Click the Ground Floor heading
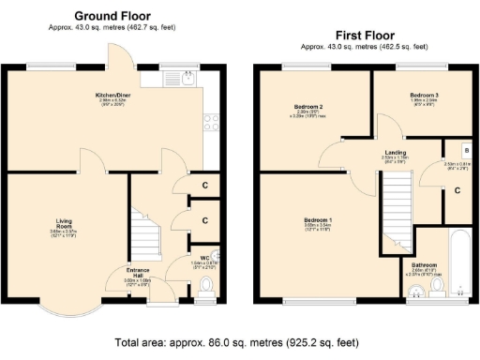click(x=113, y=16)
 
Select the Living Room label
click(x=63, y=224)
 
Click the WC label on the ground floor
click(x=204, y=256)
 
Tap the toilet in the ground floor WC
click(x=207, y=285)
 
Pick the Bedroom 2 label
click(x=307, y=107)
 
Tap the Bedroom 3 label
click(x=425, y=97)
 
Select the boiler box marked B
click(x=466, y=151)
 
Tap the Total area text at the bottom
click(x=240, y=342)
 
